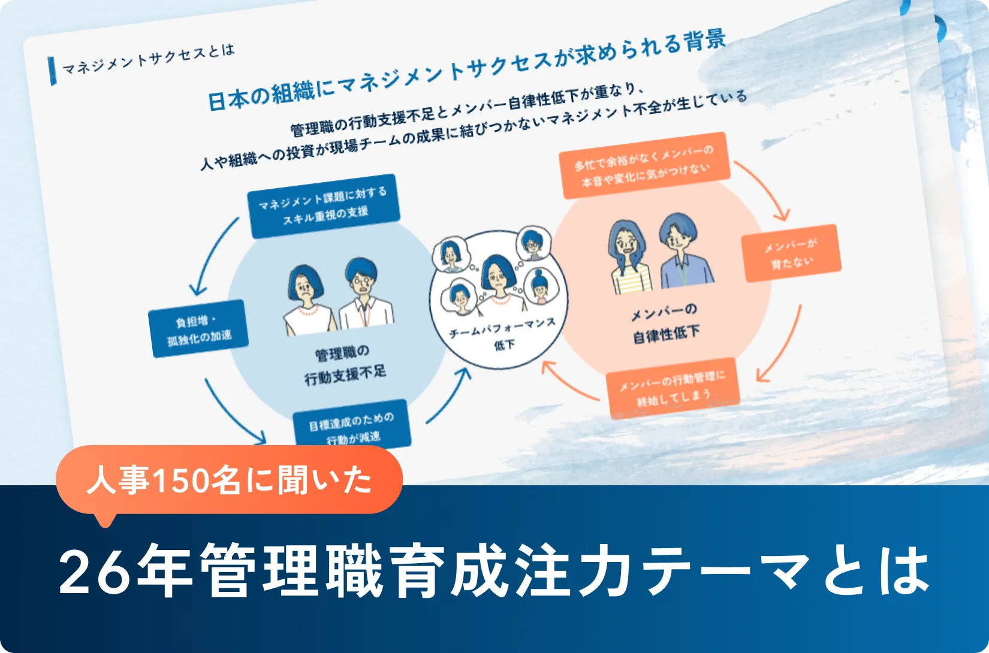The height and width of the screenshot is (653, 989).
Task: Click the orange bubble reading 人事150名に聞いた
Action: (228, 480)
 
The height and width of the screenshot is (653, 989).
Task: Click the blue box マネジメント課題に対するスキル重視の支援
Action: (324, 205)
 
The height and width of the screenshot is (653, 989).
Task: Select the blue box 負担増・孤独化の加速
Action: (198, 329)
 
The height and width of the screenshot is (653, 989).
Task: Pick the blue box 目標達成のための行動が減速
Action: (351, 427)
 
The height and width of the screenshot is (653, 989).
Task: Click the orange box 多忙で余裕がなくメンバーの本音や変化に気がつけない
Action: (645, 165)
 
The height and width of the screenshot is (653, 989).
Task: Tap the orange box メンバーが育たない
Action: (791, 253)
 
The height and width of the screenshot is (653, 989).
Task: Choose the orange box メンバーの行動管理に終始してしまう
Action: (673, 387)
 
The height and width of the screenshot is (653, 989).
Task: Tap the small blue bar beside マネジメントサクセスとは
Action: (53, 71)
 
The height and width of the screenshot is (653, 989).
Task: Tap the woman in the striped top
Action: (629, 258)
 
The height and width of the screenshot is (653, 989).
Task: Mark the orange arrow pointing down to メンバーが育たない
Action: (764, 189)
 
